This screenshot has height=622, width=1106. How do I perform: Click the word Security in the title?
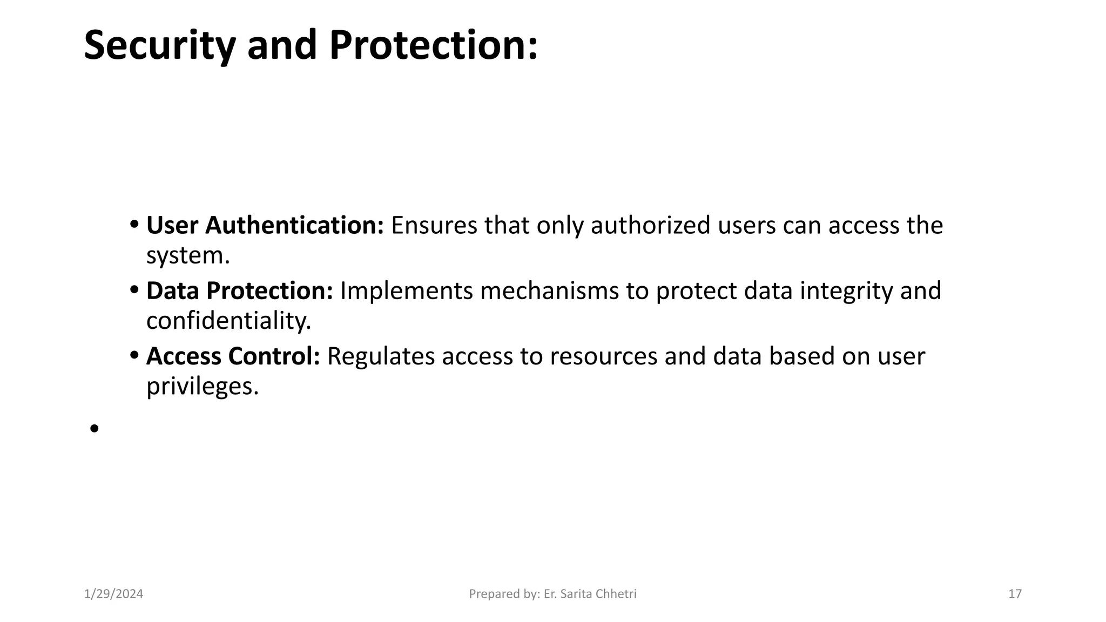pos(160,45)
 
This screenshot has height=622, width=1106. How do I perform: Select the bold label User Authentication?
pos(265,225)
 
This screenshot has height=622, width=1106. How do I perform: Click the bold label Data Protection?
pos(239,290)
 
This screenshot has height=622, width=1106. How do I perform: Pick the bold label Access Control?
pos(233,356)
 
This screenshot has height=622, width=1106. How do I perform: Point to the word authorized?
pos(650,225)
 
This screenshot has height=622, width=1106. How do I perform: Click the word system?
pos(188,255)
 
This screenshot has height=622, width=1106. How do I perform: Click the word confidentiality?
pos(228,321)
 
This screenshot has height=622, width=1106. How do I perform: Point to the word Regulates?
pos(381,356)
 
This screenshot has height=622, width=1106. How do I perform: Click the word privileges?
pos(203,387)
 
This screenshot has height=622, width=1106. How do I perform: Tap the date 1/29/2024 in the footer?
pos(114,594)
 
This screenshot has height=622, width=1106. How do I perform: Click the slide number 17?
pos(1015,594)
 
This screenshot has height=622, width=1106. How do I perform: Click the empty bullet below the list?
pos(95,429)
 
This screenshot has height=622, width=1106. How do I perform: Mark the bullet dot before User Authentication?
pos(134,225)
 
